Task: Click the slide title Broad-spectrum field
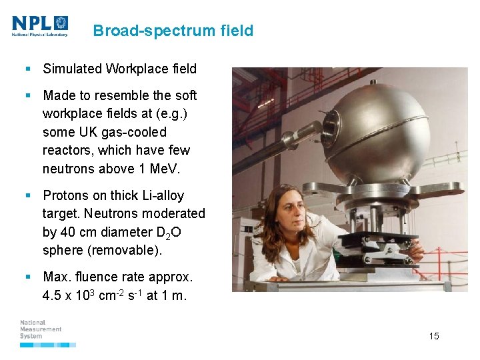tap(173, 31)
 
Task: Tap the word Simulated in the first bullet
tap(71, 69)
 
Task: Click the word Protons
tap(65, 196)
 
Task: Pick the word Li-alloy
tap(159, 196)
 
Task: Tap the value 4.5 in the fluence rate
tap(52, 295)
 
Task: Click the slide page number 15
tap(434, 336)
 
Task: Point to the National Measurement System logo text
tap(41, 329)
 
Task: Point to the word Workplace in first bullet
tap(136, 69)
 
